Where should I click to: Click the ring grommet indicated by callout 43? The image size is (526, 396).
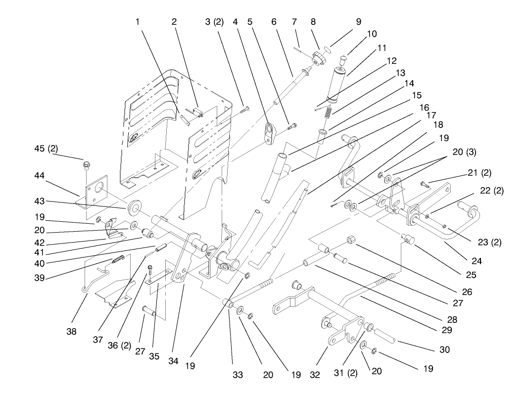[134, 206]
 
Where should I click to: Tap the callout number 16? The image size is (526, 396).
[424, 107]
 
